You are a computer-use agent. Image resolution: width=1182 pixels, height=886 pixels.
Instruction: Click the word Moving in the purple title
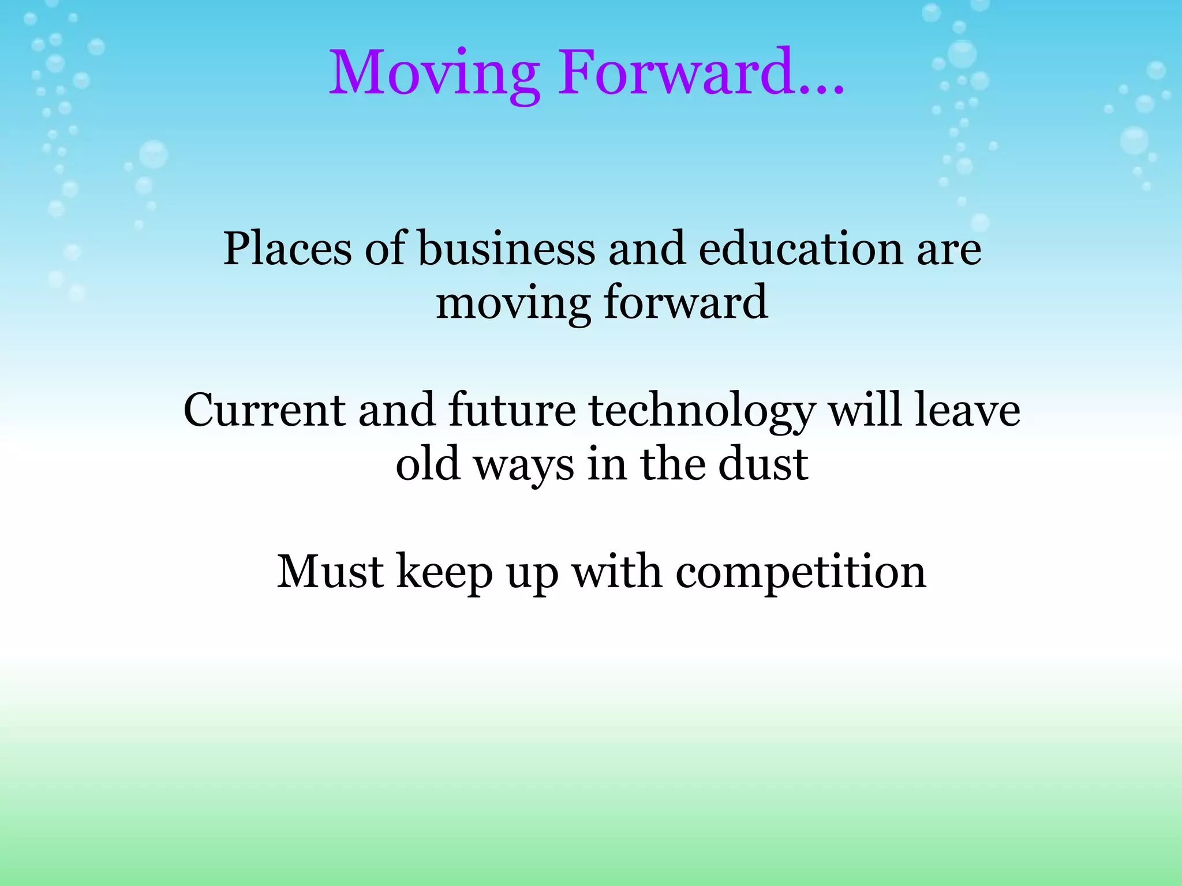(x=434, y=74)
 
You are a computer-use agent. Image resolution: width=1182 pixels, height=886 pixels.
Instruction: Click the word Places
(x=287, y=249)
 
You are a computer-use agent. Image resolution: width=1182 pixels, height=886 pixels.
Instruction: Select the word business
(x=506, y=249)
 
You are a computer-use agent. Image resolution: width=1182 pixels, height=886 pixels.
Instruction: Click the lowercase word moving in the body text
(x=513, y=303)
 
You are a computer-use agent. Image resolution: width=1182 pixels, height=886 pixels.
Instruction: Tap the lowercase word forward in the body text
(x=686, y=302)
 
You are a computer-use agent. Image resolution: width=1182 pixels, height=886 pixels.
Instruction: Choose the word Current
(x=264, y=411)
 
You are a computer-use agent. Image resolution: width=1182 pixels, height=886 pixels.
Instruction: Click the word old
(x=428, y=465)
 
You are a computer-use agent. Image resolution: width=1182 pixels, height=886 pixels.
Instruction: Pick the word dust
(x=763, y=465)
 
